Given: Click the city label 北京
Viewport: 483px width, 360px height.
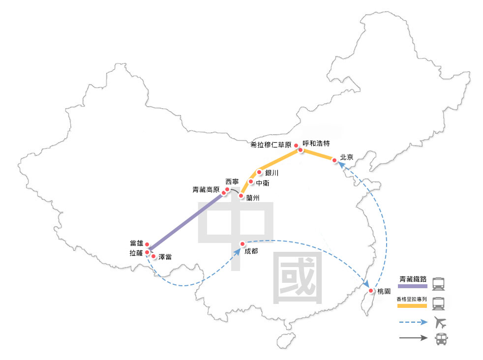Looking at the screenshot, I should (347, 157).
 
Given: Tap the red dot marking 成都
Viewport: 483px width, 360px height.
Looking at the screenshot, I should (242, 244).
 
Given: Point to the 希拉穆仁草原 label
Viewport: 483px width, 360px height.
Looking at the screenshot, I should (271, 145).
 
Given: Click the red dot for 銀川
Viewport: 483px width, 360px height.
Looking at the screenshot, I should (259, 172).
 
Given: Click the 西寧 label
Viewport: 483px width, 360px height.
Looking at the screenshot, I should (232, 181).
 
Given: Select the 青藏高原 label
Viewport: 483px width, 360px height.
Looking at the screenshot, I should (206, 189).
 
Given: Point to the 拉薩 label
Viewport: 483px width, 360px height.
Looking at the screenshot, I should (136, 253).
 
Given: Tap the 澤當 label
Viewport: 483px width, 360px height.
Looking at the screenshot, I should (165, 257).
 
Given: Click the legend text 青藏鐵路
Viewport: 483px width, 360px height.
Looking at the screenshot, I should (413, 277).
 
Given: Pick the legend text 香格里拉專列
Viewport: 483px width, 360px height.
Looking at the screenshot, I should (412, 299).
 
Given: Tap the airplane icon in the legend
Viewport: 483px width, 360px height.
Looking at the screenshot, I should (441, 323).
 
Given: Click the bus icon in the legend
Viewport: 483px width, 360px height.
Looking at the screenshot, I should (440, 339).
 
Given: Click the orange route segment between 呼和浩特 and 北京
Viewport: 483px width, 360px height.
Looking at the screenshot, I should (318, 155).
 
